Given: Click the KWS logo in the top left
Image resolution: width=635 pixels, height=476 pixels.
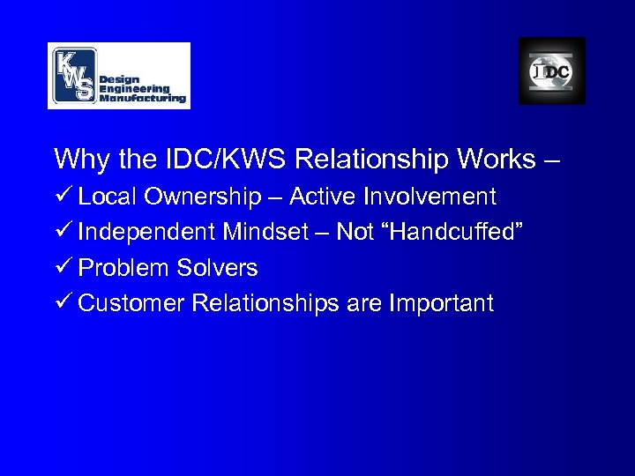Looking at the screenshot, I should [118, 76].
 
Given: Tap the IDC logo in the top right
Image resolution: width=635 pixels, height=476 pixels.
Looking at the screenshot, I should [551, 71].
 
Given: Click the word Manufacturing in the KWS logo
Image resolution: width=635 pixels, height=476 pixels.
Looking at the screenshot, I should [143, 98].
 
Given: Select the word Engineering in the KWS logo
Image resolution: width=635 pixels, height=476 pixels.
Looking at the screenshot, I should [134, 88].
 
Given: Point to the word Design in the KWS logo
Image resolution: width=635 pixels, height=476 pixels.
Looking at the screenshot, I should [118, 78].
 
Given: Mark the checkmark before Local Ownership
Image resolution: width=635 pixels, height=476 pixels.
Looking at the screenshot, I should [63, 196].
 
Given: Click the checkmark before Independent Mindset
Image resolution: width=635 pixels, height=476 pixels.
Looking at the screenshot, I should [63, 232].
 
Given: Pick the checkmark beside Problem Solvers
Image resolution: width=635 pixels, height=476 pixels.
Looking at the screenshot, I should [63, 268].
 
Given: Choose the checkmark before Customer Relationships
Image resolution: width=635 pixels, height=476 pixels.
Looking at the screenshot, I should [63, 304].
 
